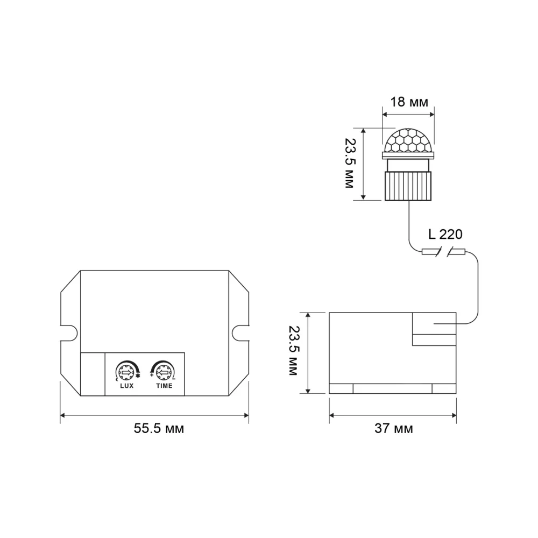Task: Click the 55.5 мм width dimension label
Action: coord(159,429)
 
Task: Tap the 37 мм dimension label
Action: coord(394,429)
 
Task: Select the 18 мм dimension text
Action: coord(409,102)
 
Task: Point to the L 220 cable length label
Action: coord(445,235)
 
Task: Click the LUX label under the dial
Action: coord(127,386)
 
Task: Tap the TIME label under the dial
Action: coord(164,386)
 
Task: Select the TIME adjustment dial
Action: coord(164,372)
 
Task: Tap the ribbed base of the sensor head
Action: coord(408,186)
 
